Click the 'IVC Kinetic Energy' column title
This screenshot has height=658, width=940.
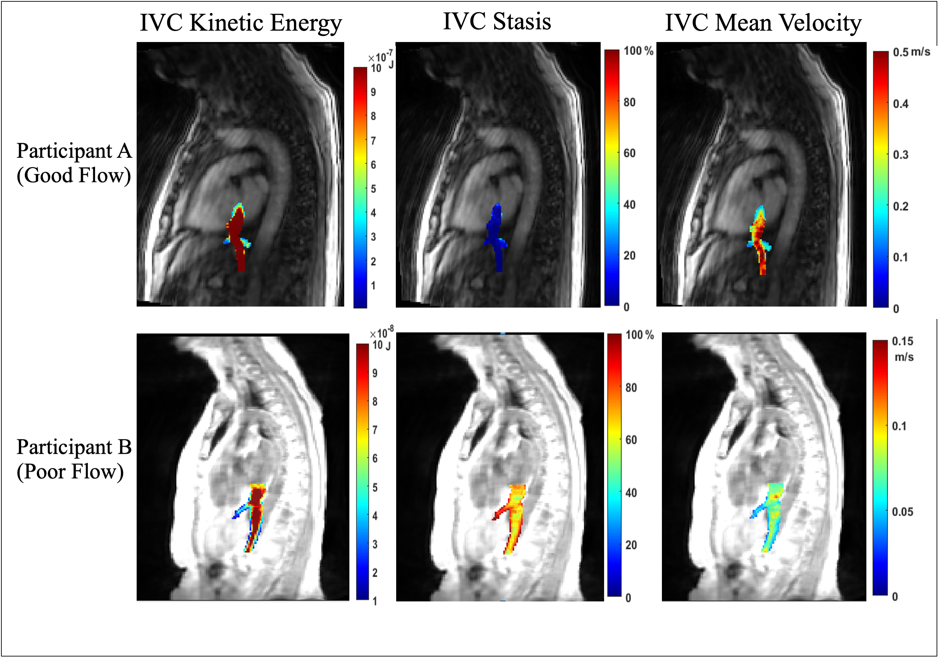(241, 23)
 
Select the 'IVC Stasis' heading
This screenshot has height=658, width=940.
(497, 21)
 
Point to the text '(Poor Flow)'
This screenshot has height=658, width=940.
(70, 472)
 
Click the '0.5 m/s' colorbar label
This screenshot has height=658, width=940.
(911, 52)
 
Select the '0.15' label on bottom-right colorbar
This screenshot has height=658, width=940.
(902, 341)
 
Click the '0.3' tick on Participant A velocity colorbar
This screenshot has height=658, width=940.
(900, 155)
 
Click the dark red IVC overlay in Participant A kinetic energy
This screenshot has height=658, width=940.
(237, 238)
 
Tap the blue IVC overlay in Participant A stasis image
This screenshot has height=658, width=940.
(496, 238)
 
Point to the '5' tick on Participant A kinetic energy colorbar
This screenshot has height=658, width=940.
(373, 189)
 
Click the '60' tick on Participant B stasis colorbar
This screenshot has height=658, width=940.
(631, 440)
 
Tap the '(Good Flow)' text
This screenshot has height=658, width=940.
(74, 175)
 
